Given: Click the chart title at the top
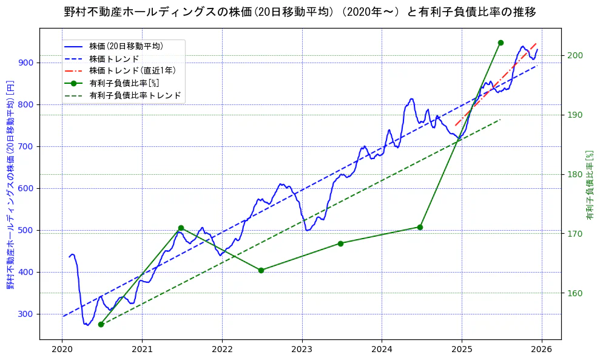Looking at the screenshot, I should tap(300, 12).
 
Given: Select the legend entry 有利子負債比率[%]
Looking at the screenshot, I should tap(124, 83).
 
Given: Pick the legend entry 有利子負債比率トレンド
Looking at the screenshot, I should tap(135, 95).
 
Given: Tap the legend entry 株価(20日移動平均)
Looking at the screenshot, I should tap(126, 46).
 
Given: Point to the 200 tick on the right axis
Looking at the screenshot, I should tap(575, 56).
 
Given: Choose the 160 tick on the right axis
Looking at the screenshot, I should tap(575, 293).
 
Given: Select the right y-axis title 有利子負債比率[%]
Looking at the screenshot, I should tap(589, 185).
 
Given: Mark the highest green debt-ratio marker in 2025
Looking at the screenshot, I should tap(501, 42).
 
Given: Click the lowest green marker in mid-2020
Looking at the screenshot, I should tap(101, 324).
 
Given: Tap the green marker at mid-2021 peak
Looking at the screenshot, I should tap(181, 228).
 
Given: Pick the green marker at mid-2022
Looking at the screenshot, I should tap(261, 270).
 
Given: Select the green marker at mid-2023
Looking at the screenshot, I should tap(340, 243).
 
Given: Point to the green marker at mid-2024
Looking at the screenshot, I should tap(420, 227).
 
